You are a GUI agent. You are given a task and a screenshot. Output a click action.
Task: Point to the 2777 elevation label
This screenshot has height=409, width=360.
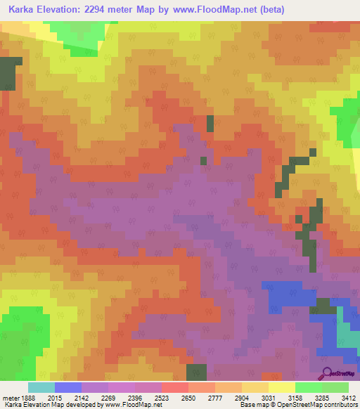(x=225, y=398)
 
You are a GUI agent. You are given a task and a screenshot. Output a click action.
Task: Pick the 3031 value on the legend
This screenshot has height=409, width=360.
(x=278, y=398)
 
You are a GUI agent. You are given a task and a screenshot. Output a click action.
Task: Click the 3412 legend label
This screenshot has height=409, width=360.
(x=349, y=398)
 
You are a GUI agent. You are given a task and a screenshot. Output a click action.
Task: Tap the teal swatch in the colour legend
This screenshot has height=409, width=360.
(x=41, y=387)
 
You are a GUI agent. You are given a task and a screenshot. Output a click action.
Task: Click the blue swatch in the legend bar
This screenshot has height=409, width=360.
(x=68, y=387)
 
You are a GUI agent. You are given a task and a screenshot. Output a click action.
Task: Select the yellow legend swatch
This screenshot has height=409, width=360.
(x=281, y=387)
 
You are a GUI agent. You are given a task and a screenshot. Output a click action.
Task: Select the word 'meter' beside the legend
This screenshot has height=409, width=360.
(x=11, y=398)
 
